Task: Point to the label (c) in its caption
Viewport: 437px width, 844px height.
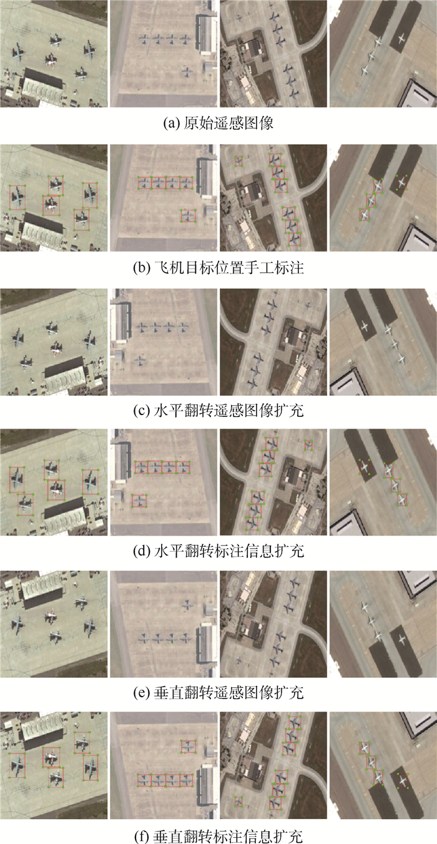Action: coord(142,410)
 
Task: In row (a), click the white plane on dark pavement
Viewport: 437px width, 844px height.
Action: coord(401,37)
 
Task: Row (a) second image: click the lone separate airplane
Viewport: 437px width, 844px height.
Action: coord(187,72)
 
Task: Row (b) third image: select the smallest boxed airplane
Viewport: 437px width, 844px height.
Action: coord(238,161)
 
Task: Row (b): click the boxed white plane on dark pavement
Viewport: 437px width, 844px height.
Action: coord(402,183)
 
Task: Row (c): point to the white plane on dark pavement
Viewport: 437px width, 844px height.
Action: coord(365,326)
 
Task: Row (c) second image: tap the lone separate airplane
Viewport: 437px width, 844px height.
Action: coord(140,361)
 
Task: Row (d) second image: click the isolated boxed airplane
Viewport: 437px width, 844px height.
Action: coord(139,501)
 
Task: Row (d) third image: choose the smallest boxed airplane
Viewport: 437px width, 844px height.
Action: coord(308,445)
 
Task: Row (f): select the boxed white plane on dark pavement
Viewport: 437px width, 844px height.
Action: coord(403,780)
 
